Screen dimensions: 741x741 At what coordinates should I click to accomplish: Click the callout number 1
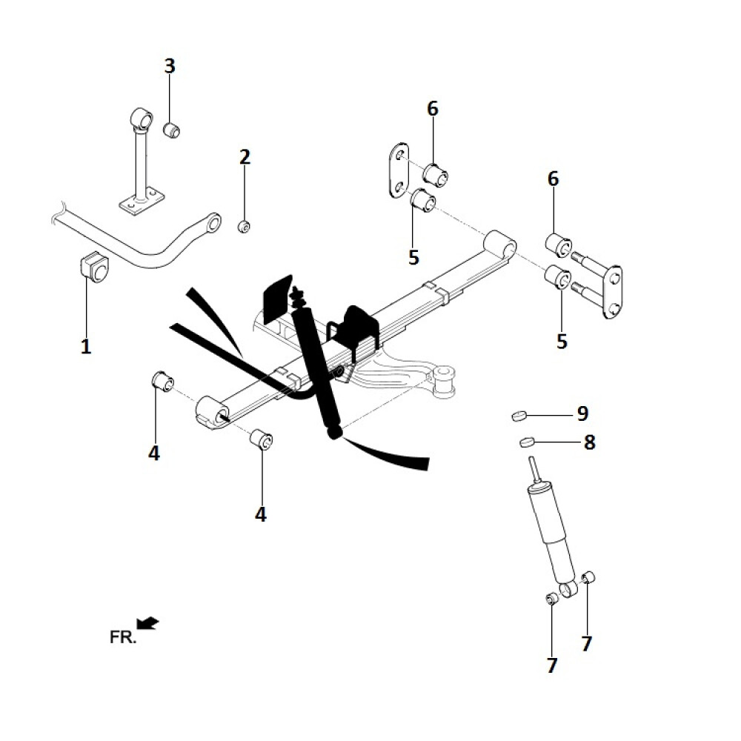click(86, 345)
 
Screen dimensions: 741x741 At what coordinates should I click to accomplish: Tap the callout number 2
click(245, 157)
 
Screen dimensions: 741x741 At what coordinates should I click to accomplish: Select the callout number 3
click(170, 66)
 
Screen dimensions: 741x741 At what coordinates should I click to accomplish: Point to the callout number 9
click(582, 413)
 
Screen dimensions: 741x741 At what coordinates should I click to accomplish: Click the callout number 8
click(589, 443)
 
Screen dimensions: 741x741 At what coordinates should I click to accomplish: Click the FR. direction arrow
click(148, 623)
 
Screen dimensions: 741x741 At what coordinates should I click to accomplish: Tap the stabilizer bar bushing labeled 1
click(93, 267)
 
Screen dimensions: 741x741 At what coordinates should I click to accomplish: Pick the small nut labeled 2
click(244, 226)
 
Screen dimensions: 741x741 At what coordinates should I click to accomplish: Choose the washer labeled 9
click(519, 415)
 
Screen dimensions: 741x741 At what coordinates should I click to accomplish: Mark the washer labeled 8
click(526, 443)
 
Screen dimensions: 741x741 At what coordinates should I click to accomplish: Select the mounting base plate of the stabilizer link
click(140, 202)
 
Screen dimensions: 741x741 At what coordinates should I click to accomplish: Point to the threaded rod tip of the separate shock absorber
click(532, 469)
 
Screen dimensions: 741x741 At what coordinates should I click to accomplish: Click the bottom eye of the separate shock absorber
click(568, 590)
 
